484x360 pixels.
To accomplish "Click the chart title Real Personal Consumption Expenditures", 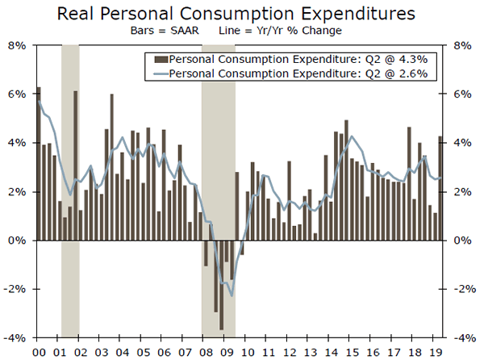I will pyautogui.click(x=242, y=13).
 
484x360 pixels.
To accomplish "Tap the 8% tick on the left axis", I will pyautogui.click(x=19, y=45).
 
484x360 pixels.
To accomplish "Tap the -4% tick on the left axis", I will pyautogui.click(x=17, y=337).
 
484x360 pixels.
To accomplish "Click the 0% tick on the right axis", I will pyautogui.click(x=465, y=241).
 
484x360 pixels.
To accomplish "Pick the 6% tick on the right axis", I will pyautogui.click(x=465, y=94).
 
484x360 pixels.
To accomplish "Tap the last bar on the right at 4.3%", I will pyautogui.click(x=440, y=188).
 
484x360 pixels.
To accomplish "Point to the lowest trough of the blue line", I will pyautogui.click(x=232, y=295).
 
